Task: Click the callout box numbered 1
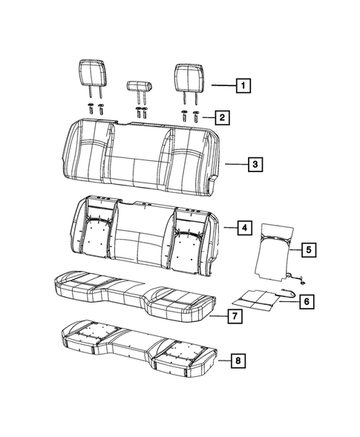click(x=242, y=85)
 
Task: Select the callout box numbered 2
click(x=220, y=116)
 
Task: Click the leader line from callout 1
click(x=222, y=85)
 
